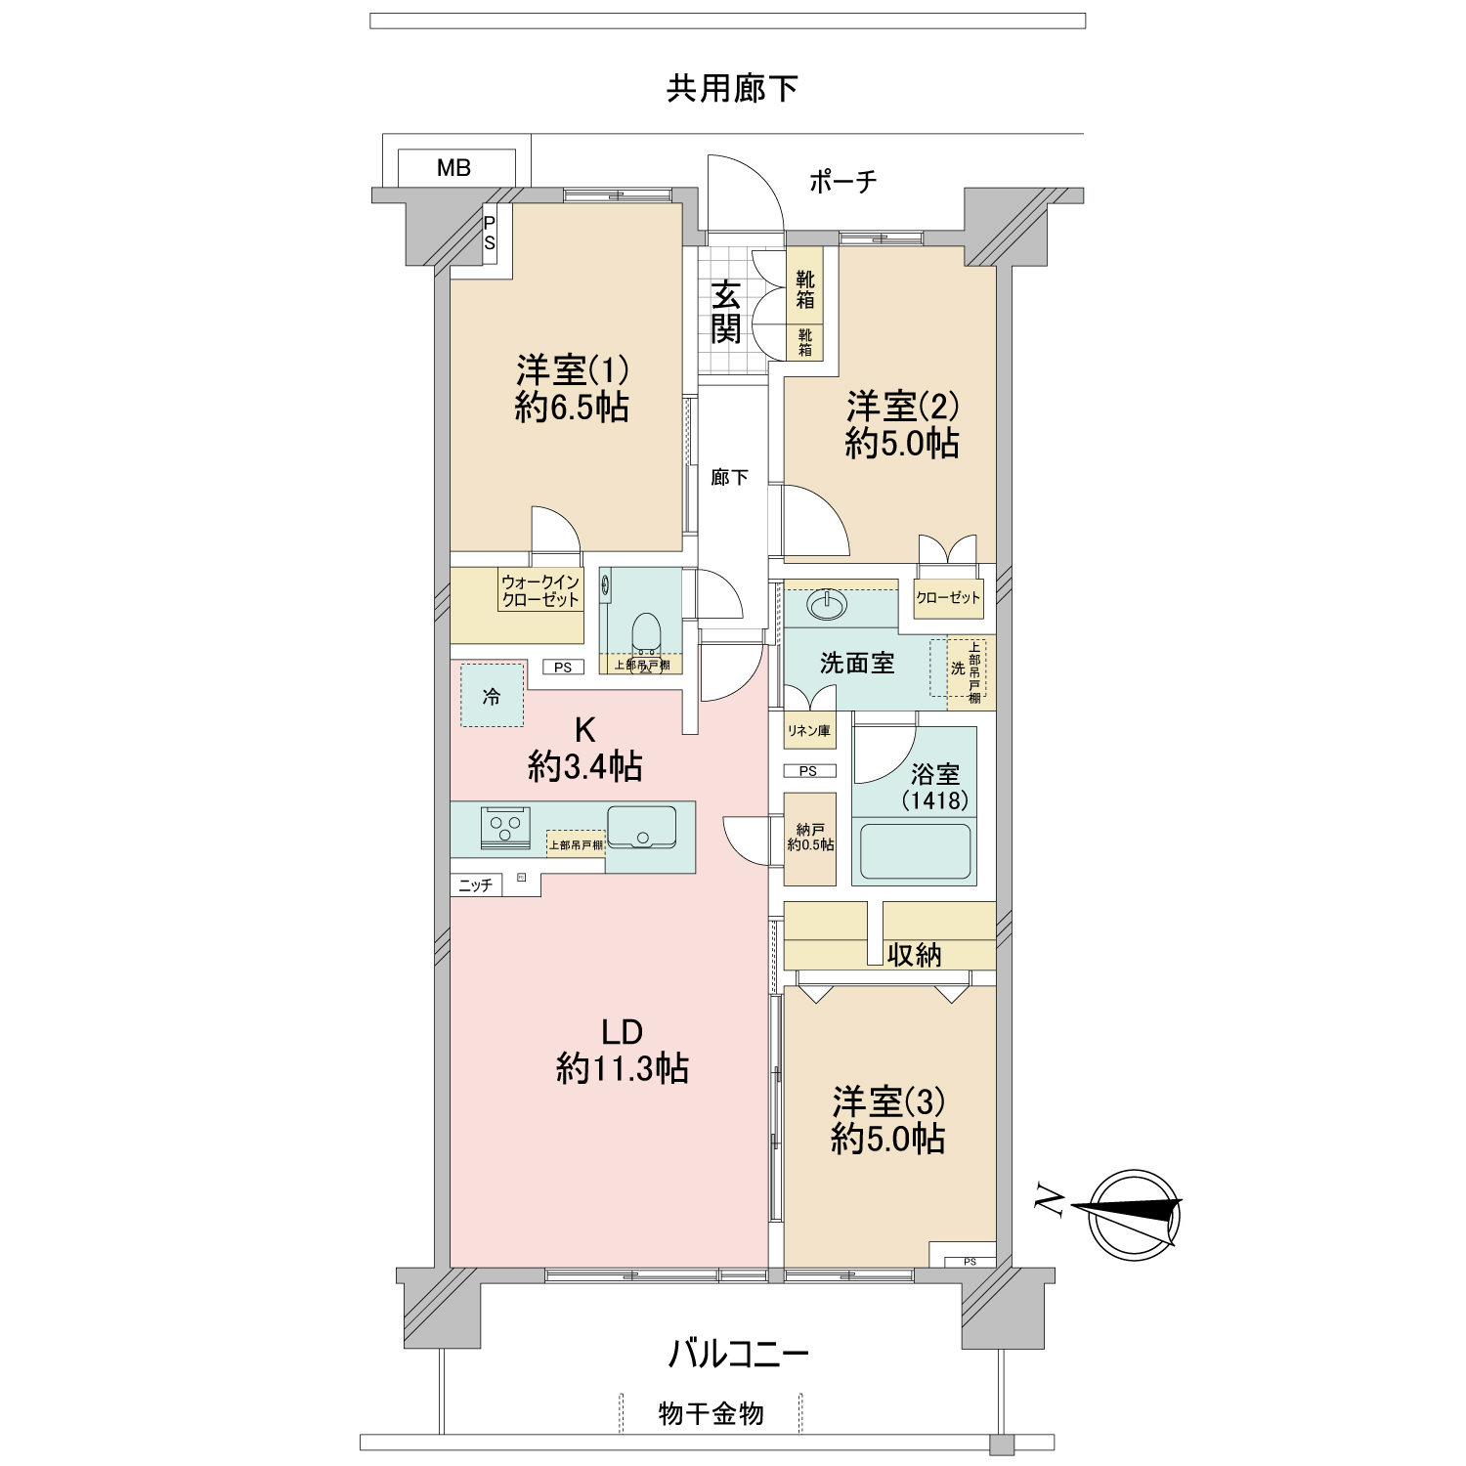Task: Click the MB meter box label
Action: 453,167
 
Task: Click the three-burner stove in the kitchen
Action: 505,827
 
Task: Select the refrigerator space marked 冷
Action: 492,696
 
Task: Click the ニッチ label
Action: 476,885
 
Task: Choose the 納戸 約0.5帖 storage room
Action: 810,838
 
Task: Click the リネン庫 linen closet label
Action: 809,730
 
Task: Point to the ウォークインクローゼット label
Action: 540,591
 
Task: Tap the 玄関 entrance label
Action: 725,312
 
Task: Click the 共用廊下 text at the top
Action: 732,89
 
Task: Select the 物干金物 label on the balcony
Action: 711,1413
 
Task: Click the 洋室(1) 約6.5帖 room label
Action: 572,389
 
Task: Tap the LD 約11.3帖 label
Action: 622,1051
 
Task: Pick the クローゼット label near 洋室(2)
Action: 948,597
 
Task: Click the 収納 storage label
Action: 914,955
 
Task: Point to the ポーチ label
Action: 842,181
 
